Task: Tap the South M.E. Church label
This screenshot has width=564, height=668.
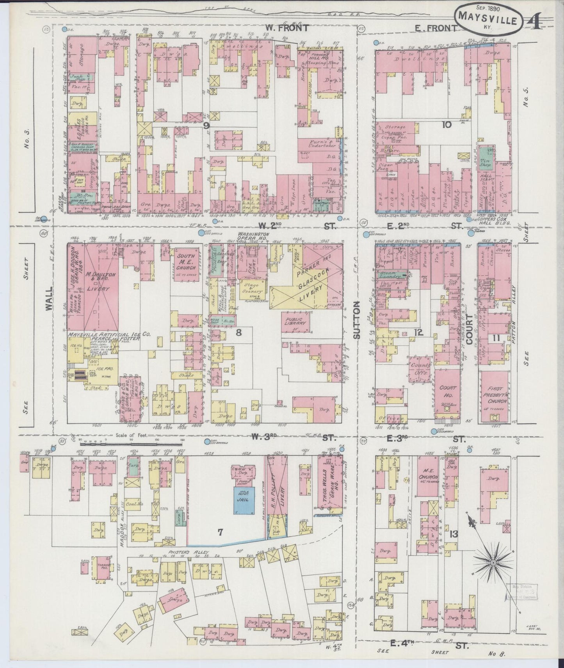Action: (186, 262)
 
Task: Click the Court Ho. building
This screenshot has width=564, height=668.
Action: (447, 394)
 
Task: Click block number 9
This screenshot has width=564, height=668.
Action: (206, 125)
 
